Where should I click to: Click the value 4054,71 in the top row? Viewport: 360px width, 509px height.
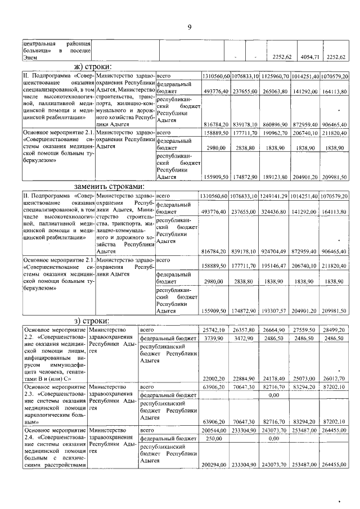(308, 57)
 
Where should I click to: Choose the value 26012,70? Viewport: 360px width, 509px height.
(334, 379)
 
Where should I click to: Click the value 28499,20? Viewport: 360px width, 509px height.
(334, 328)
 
